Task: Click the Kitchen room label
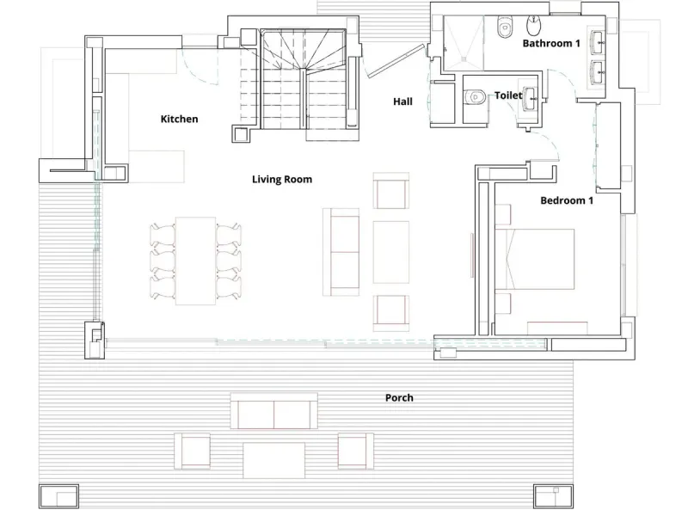[x=179, y=119]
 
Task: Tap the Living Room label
[x=282, y=179]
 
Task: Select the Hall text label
[x=402, y=101]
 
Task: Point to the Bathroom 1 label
[x=551, y=43]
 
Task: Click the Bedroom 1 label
[x=567, y=200]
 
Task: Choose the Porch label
[x=399, y=397]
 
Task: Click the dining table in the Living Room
[x=196, y=261]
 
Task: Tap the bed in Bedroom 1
[x=535, y=259]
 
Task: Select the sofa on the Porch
[x=274, y=411]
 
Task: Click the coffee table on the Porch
[x=273, y=460]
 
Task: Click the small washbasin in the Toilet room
[x=530, y=99]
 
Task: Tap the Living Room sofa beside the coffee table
[x=341, y=252]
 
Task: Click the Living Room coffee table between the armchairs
[x=391, y=252]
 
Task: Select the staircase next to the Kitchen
[x=304, y=79]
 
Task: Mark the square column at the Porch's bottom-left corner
[x=58, y=496]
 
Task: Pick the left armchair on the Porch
[x=192, y=451]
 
